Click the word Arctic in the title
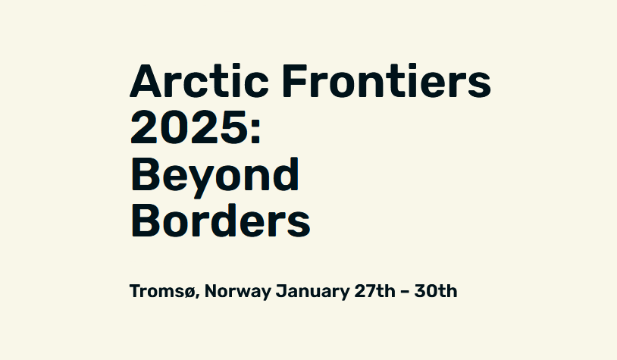(199, 80)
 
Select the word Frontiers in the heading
(387, 80)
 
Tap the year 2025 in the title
(189, 127)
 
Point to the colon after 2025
(255, 130)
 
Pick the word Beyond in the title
(215, 177)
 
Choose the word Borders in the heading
(221, 221)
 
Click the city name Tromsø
(162, 291)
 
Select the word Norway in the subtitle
(238, 292)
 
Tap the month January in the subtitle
(312, 292)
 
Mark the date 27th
(374, 291)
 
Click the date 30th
(436, 291)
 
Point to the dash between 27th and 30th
(405, 292)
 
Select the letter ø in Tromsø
(189, 293)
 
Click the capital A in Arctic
(146, 81)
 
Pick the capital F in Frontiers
(294, 81)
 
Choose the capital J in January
(280, 291)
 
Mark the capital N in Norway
(211, 291)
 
